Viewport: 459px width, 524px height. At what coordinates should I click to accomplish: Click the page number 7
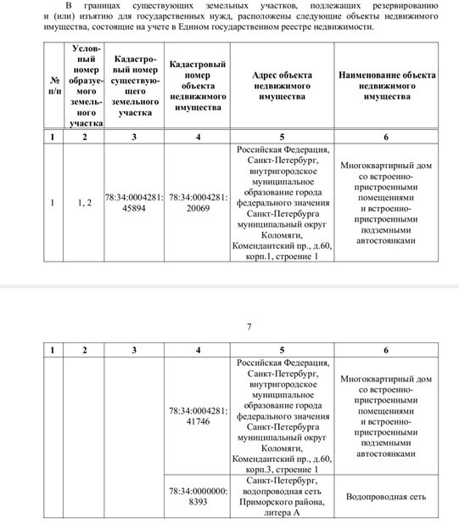pos(249,327)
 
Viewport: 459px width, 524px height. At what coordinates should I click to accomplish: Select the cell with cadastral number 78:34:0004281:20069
pos(198,203)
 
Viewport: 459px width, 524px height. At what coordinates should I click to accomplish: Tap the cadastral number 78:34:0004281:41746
pos(198,415)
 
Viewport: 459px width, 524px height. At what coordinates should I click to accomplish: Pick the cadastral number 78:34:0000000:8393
pos(198,496)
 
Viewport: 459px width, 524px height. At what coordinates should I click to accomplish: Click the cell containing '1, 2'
pos(84,203)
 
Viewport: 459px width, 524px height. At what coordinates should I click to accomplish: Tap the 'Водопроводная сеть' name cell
pos(387,496)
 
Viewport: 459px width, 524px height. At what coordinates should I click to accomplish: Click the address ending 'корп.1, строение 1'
pos(283,203)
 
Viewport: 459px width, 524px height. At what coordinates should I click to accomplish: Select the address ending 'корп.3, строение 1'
pos(283,415)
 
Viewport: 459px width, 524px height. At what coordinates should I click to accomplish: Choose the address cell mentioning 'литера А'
pos(283,496)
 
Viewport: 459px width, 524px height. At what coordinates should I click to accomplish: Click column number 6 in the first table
pos(386,137)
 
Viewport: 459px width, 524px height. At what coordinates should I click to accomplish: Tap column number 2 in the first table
pos(84,137)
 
